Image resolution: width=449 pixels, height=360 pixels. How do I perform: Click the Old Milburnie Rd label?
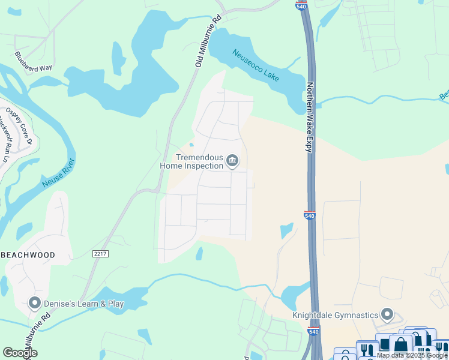pyautogui.click(x=208, y=41)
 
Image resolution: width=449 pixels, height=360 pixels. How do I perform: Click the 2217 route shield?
pyautogui.click(x=101, y=254)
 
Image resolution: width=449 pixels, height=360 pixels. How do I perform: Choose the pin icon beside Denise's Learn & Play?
pyautogui.click(x=34, y=304)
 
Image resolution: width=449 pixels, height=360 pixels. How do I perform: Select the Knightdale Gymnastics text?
pyautogui.click(x=335, y=315)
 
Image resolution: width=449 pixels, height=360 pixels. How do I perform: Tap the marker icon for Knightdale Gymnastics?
pyautogui.click(x=387, y=315)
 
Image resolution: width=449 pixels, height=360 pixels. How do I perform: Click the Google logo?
pyautogui.click(x=20, y=353)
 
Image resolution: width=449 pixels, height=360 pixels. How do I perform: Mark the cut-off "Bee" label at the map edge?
pyautogui.click(x=444, y=95)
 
